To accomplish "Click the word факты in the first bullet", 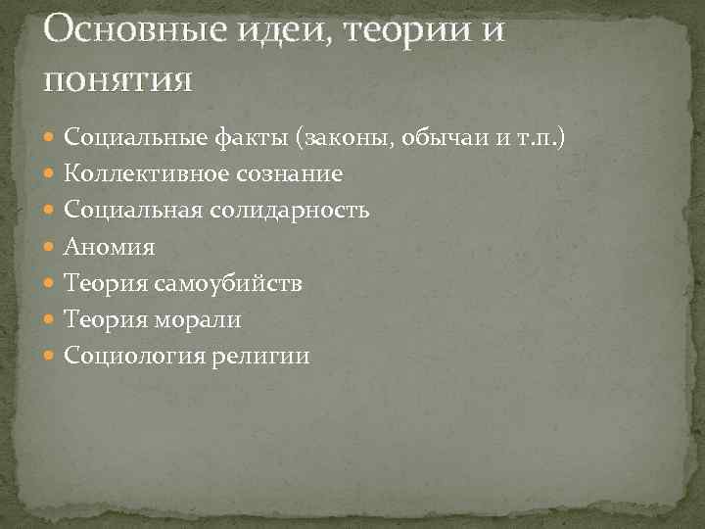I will tap(252, 138).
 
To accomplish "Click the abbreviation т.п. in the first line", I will tap(534, 138).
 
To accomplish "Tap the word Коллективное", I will tap(146, 174).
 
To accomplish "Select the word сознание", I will tap(289, 174).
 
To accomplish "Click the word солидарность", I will tap(305, 211).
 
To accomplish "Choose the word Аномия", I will tap(109, 247).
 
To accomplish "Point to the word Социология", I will tap(133, 356).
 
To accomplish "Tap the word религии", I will tap(259, 356).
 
